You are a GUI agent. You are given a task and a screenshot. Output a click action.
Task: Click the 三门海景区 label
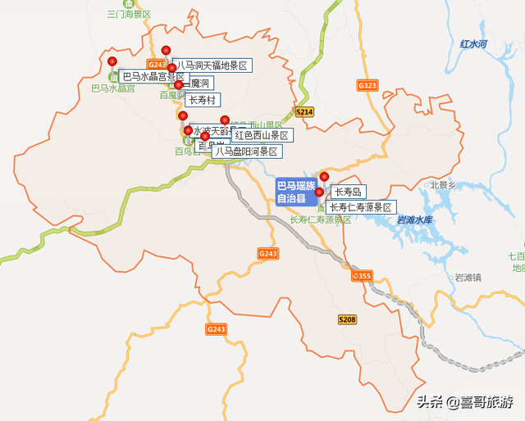130,14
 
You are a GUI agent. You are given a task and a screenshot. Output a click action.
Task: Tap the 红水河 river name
474,43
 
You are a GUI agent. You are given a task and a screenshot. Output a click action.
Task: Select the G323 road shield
367,85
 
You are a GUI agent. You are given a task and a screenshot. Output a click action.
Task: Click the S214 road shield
304,111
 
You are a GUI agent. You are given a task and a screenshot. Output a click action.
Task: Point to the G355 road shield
362,276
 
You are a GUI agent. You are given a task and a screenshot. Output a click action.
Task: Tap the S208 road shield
347,319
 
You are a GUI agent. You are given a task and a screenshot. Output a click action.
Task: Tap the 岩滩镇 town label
468,277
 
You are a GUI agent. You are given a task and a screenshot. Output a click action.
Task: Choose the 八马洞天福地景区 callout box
212,65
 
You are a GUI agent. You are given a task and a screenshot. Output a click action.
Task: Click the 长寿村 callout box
202,100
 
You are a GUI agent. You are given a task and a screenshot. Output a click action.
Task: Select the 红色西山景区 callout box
262,135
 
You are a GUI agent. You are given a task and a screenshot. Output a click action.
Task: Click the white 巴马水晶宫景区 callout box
154,77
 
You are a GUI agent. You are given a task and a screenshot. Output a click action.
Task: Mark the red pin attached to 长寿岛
324,177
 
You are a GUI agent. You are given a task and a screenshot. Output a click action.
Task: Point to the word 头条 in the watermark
430,401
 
